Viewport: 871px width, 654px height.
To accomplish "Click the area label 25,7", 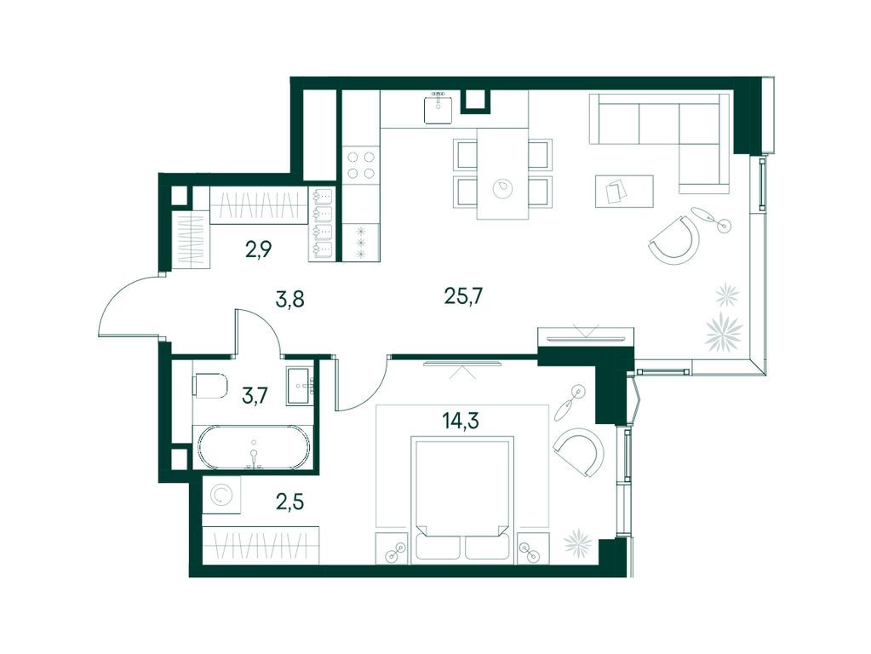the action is pyautogui.click(x=463, y=296).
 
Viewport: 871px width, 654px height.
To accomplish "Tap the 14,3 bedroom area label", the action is pyautogui.click(x=461, y=422).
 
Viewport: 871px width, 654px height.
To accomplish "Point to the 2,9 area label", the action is pyautogui.click(x=258, y=250).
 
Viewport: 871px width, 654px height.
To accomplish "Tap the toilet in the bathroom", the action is pyautogui.click(x=210, y=386).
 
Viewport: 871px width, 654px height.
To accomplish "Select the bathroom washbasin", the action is pyautogui.click(x=301, y=385).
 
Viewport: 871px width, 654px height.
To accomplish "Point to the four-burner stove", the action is pyautogui.click(x=360, y=165).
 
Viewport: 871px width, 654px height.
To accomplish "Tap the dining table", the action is pyautogui.click(x=502, y=174).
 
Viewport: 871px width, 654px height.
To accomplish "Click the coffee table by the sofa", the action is pyautogui.click(x=624, y=191).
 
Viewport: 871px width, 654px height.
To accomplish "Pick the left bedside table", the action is pyautogui.click(x=393, y=548).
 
